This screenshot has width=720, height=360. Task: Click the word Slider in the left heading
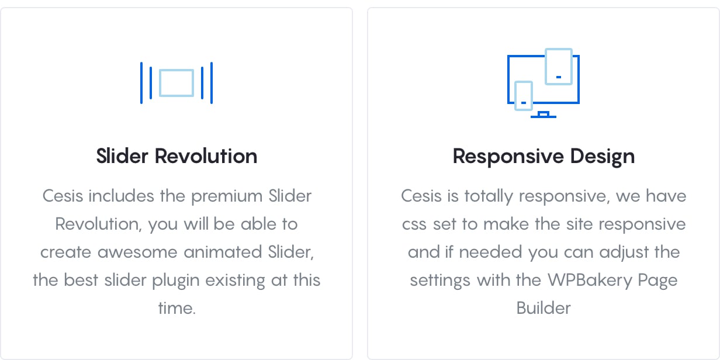tap(122, 156)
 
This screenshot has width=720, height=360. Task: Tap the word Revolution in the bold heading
tap(206, 156)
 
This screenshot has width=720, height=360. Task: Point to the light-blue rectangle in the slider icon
tap(176, 70)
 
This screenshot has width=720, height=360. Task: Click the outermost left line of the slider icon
tap(141, 83)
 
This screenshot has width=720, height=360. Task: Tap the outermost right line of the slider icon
tap(212, 83)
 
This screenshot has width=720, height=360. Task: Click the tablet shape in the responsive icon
tap(559, 49)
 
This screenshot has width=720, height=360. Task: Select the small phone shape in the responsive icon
tap(524, 82)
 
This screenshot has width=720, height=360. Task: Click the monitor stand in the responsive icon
tap(544, 115)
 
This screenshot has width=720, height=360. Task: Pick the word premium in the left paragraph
tap(227, 197)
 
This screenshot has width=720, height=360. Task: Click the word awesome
tap(137, 252)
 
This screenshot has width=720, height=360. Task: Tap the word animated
tap(223, 252)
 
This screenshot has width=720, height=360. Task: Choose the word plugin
tap(175, 281)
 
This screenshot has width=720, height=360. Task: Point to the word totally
tap(489, 197)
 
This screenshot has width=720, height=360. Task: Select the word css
tap(414, 224)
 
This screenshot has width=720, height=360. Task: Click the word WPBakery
tap(590, 281)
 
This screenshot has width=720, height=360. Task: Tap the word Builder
tap(544, 308)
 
